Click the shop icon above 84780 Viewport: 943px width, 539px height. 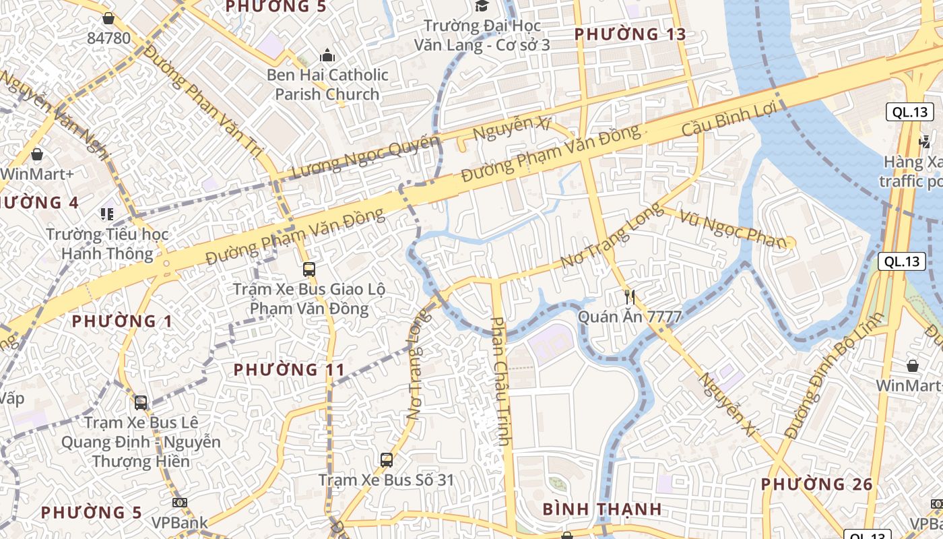108,18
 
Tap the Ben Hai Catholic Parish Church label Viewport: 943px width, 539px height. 327,84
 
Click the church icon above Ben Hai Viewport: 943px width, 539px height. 327,55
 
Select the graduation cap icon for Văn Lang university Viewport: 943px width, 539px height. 482,6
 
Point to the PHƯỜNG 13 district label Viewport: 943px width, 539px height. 630,34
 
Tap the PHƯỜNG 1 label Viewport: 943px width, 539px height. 122,321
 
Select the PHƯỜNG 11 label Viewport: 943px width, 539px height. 289,369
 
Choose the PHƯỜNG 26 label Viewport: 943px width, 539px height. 816,484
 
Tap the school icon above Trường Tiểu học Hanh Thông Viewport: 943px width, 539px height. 107,214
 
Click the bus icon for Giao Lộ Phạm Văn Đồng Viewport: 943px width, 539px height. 309,269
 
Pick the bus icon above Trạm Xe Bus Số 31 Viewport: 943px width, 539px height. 386,460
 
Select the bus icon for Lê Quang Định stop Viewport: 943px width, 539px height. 141,403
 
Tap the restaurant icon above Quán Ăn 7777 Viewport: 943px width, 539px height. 630,296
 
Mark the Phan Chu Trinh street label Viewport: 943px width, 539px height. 500,381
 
